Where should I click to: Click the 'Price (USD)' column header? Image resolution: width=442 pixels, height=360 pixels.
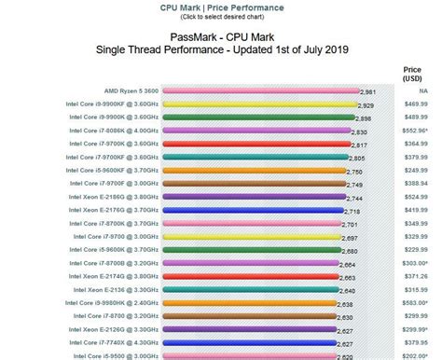[411, 74]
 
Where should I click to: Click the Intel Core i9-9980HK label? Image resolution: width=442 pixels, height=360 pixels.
[110, 304]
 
